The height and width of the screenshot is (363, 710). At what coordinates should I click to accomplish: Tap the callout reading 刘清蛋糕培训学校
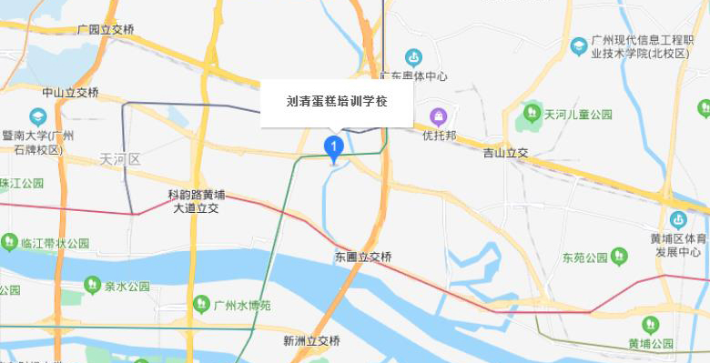click(337, 102)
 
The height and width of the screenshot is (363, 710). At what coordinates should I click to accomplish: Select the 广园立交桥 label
click(106, 30)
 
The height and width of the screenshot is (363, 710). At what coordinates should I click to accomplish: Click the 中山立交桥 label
click(70, 93)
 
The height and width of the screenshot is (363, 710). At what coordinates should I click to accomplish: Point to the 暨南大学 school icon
click(37, 116)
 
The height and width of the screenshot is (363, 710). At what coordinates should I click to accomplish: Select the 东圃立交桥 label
click(363, 257)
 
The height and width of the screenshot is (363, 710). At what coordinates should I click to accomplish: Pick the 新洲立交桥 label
click(311, 341)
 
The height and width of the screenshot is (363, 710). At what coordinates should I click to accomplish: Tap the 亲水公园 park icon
click(91, 286)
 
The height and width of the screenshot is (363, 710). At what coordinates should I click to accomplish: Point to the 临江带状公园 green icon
click(8, 243)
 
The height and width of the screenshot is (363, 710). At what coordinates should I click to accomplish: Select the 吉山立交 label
click(506, 154)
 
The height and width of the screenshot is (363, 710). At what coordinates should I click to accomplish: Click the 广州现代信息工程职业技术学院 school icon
click(578, 45)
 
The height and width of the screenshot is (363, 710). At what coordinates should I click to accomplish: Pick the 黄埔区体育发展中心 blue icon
click(678, 219)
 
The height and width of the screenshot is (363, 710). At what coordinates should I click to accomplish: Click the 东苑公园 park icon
click(620, 257)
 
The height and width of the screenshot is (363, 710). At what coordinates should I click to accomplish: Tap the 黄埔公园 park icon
click(650, 324)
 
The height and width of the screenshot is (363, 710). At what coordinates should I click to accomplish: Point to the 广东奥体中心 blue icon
click(414, 56)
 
